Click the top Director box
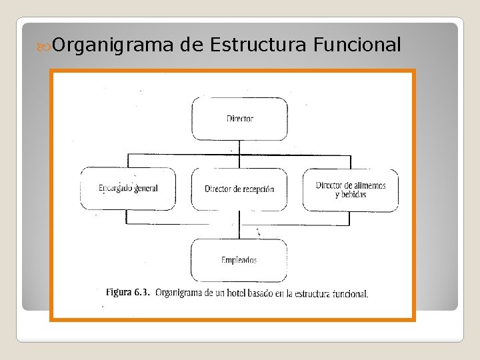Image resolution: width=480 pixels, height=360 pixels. coord(240,119)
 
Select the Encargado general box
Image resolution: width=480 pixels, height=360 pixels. coord(128,189)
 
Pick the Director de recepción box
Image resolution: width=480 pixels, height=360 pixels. coord(239,189)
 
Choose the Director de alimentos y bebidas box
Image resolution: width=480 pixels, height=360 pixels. coord(351,189)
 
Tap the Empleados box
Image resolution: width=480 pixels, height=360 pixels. coord(239,260)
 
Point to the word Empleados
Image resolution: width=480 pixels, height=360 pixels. coord(239,260)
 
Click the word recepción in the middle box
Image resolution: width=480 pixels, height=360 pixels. coord(255,189)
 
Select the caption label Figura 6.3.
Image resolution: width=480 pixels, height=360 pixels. coord(127,293)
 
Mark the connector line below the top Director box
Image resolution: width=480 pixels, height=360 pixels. coord(240,147)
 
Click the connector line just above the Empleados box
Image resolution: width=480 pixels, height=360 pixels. coord(240,231)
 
